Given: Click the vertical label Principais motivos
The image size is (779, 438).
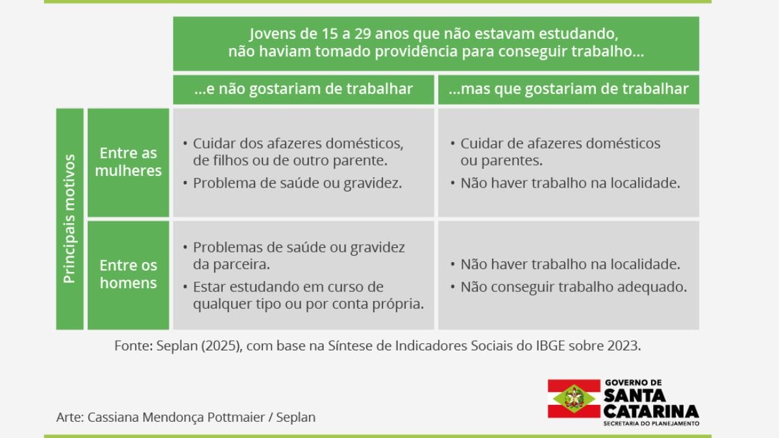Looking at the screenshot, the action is pyautogui.click(x=69, y=219).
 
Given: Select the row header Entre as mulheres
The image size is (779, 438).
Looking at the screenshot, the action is pyautogui.click(x=129, y=162).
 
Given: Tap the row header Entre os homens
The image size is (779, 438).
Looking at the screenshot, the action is pyautogui.click(x=129, y=274).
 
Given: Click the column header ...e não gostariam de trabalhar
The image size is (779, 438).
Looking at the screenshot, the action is pyautogui.click(x=304, y=89).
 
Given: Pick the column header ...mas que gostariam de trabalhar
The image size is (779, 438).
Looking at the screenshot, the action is pyautogui.click(x=569, y=89).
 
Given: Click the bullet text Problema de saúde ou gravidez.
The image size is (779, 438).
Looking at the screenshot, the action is pyautogui.click(x=297, y=183).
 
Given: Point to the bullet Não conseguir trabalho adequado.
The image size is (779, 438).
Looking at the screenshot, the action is pyautogui.click(x=574, y=287).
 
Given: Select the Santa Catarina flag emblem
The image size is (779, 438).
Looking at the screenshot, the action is pyautogui.click(x=574, y=398).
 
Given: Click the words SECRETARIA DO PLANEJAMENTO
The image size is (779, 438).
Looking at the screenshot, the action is pyautogui.click(x=651, y=424).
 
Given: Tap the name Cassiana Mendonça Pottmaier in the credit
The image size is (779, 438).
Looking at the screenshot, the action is pyautogui.click(x=176, y=417).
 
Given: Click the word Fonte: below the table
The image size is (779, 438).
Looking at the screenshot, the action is pyautogui.click(x=134, y=346).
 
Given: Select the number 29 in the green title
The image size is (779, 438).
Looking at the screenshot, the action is pyautogui.click(x=363, y=34).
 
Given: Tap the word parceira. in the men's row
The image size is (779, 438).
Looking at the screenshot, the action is pyautogui.click(x=231, y=265).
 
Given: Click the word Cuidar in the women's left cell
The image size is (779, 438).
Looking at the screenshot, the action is pyautogui.click(x=214, y=143).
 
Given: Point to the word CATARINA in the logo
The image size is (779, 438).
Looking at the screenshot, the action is pyautogui.click(x=651, y=412).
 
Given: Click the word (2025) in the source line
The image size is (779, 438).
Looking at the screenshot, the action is pyautogui.click(x=221, y=346).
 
